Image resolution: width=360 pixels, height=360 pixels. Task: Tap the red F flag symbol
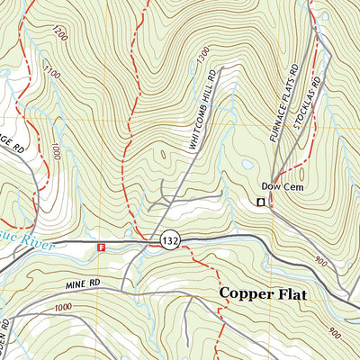point(102,246)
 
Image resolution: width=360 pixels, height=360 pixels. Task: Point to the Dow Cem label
point(279,186)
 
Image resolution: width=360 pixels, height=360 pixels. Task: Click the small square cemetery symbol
point(261,203)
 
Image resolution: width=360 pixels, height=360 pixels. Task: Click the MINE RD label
point(80,286)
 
